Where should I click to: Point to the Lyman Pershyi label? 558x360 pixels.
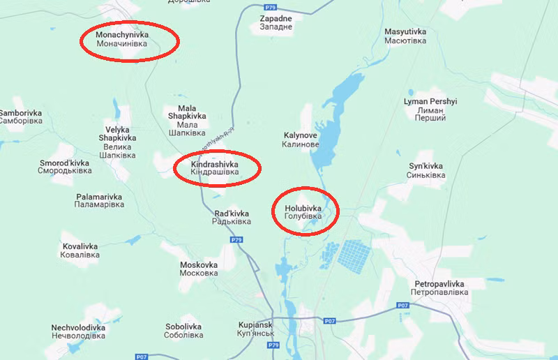(x=430, y=110)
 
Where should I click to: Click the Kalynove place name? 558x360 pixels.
(x=301, y=140)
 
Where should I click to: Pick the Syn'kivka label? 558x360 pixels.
(x=425, y=170)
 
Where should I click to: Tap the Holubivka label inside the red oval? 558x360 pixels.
(x=303, y=212)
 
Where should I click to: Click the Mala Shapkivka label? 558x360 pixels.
(x=187, y=120)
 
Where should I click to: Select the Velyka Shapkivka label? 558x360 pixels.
(x=117, y=142)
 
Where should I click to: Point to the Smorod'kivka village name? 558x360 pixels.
(x=65, y=167)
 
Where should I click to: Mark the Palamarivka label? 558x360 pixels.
(x=100, y=201)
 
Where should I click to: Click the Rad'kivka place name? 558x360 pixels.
(x=231, y=217)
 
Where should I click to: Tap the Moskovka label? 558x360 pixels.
(x=199, y=269)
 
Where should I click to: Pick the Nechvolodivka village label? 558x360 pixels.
(x=78, y=331)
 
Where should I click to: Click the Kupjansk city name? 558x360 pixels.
(x=254, y=330)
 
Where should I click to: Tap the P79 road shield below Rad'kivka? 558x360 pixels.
(x=236, y=240)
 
